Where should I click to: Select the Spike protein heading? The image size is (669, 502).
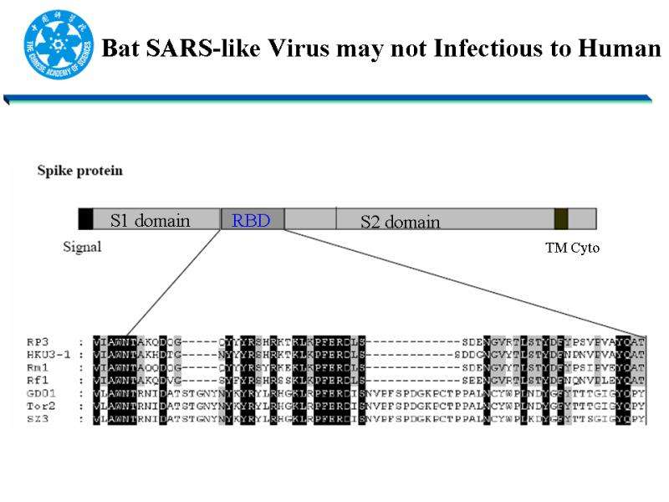(80, 171)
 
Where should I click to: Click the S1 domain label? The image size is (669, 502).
(150, 221)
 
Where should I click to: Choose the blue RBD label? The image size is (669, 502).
(251, 221)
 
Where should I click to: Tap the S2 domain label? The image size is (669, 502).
(400, 222)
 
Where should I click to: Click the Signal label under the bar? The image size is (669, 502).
(82, 247)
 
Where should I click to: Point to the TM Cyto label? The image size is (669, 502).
(572, 248)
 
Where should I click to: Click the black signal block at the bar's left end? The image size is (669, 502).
(86, 219)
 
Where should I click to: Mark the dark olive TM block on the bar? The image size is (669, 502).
(561, 219)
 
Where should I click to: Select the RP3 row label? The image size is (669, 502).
(38, 342)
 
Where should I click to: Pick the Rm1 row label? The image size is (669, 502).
(38, 367)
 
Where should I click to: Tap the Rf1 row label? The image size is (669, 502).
(38, 380)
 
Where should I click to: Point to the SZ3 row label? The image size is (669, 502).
(38, 417)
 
